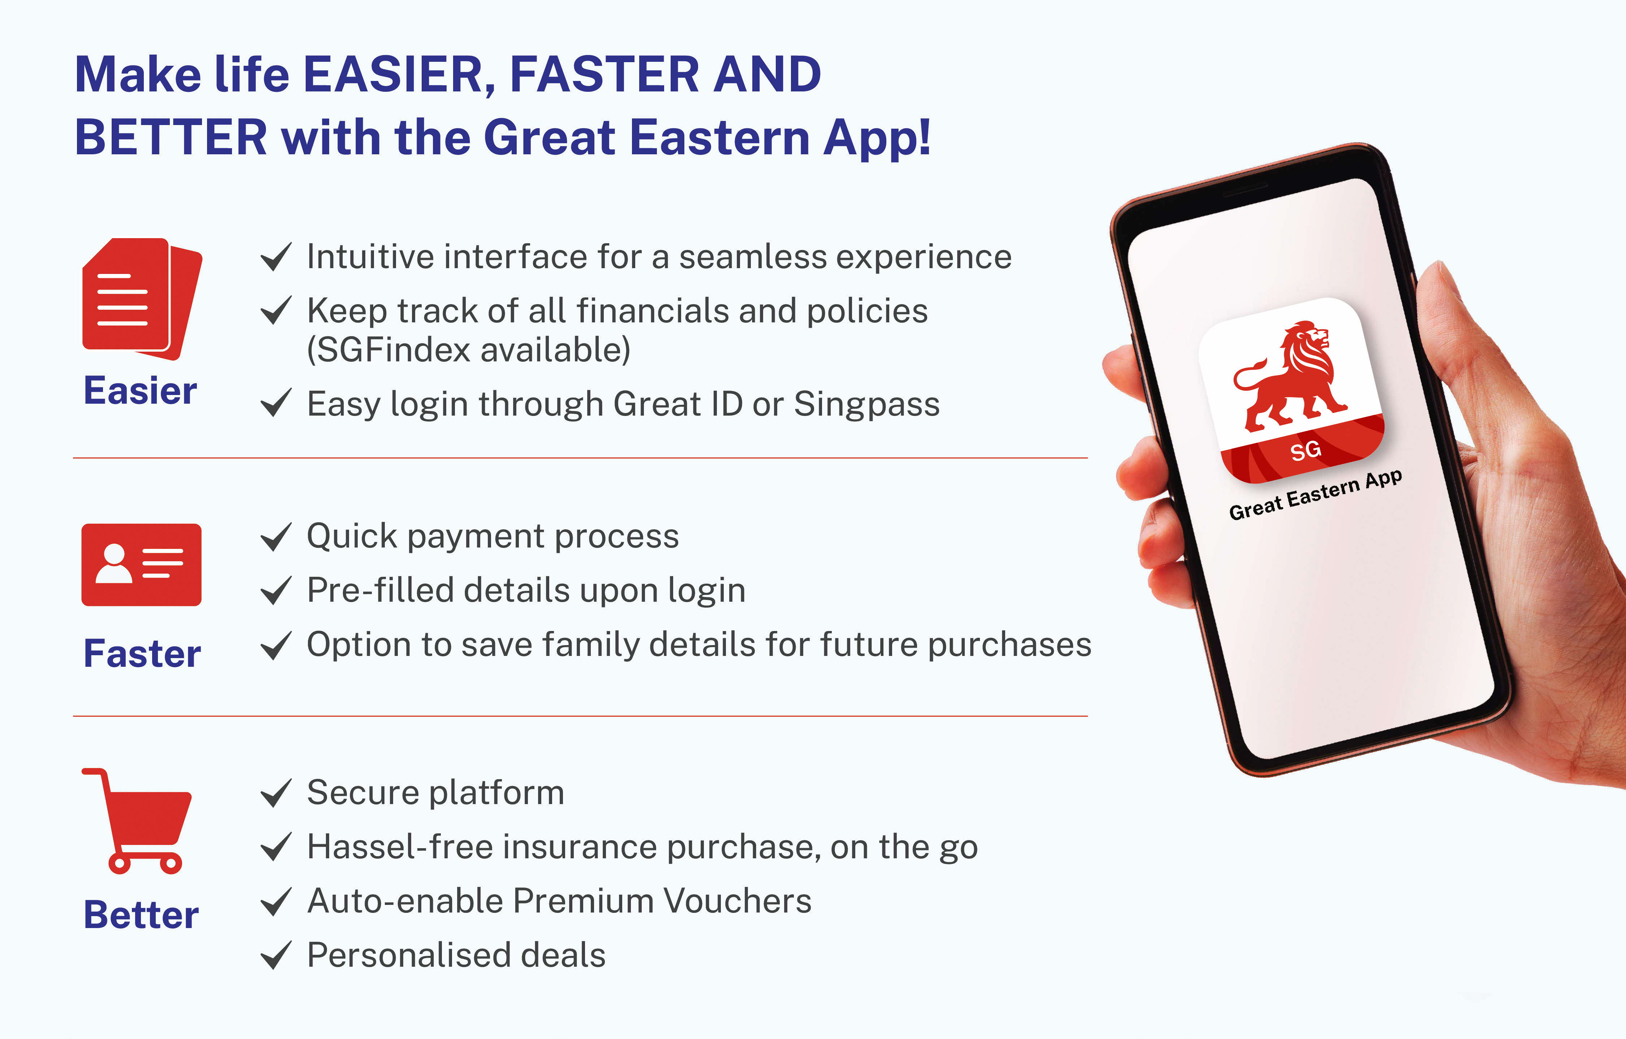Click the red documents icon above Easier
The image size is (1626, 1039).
click(x=142, y=299)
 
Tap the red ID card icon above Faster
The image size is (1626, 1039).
click(x=141, y=565)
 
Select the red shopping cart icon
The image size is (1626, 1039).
click(x=137, y=821)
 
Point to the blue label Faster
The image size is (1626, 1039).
click(x=142, y=653)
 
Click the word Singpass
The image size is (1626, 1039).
click(x=866, y=405)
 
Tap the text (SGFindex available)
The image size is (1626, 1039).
click(x=469, y=350)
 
